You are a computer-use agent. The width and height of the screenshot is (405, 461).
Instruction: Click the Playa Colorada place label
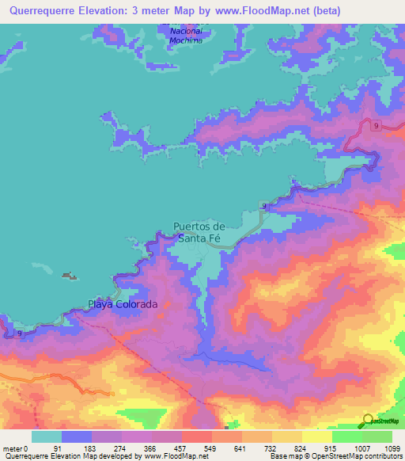coord(123,304)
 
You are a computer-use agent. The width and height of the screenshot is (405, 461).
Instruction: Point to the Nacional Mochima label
coord(187,36)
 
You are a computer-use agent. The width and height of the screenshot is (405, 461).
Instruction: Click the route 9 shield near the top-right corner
coord(377,125)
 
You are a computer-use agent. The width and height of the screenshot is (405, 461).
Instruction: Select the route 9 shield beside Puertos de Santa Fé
coord(263,206)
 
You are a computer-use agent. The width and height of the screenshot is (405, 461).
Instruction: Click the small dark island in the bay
coord(70,276)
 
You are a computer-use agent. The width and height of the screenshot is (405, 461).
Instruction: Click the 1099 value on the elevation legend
coord(384,448)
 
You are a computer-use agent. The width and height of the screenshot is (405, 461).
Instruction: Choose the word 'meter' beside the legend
coord(13,448)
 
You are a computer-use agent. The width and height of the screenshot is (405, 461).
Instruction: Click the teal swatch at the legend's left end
coord(47,436)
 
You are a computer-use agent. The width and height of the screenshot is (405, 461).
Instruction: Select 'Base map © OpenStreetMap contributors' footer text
coord(335,456)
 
